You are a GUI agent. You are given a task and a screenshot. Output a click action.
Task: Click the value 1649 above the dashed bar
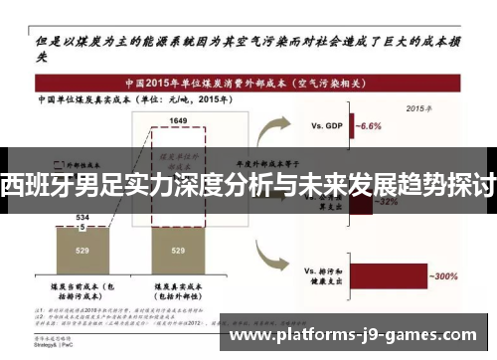coord(178,119)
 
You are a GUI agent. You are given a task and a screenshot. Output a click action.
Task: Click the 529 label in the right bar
coord(178,251)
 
